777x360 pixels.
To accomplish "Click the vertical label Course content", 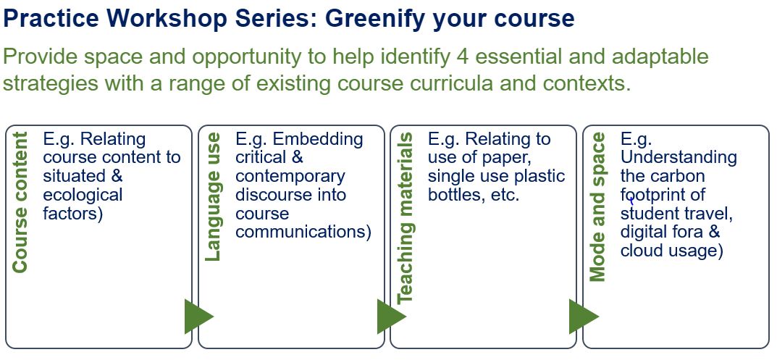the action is [20, 203].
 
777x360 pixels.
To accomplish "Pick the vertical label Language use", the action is [213, 197].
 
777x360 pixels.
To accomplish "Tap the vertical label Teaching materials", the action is [405, 218].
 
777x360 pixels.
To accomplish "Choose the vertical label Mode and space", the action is [597, 207].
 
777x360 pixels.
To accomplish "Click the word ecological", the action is [83, 195].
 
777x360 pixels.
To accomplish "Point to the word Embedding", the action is [318, 139].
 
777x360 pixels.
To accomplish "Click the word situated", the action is [75, 176].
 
